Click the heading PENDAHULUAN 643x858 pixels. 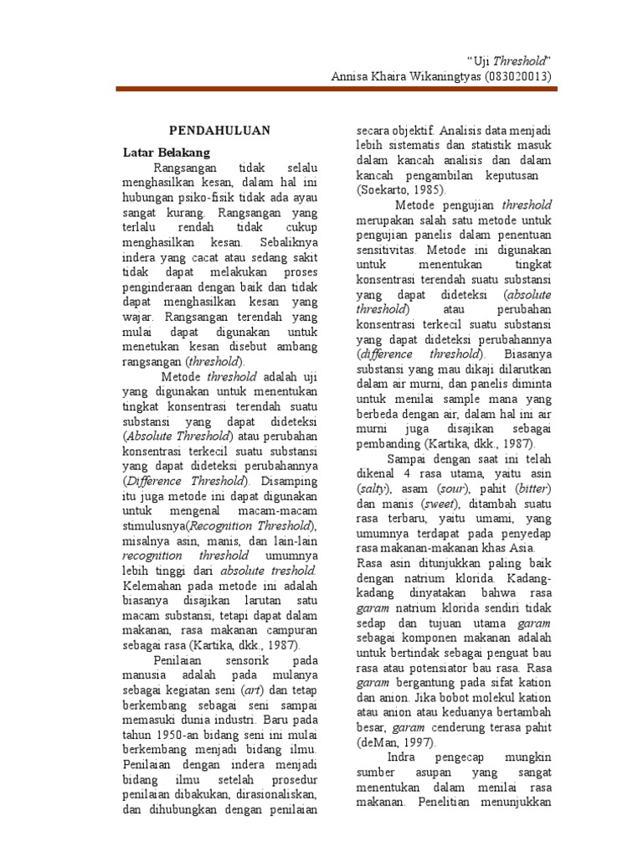point(208,131)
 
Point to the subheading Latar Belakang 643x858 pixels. point(167,152)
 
